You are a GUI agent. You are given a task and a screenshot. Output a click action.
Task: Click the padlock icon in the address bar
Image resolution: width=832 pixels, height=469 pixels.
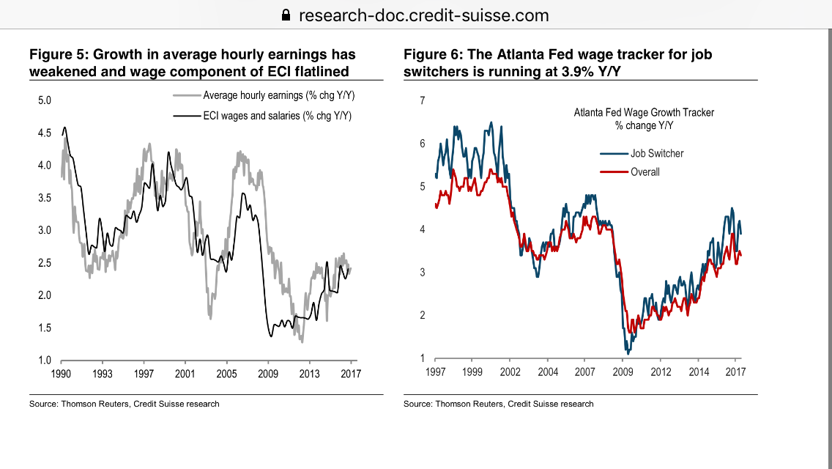[286, 15]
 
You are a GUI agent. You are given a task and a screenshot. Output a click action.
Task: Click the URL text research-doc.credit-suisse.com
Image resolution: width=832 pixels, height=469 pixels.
[424, 15]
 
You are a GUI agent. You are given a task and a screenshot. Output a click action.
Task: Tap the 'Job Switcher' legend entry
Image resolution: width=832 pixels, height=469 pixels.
[657, 153]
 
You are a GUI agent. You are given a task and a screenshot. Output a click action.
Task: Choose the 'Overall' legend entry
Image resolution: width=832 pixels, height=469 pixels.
[645, 172]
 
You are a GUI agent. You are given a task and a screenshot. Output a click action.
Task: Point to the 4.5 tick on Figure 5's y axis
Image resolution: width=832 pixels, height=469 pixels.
[44, 133]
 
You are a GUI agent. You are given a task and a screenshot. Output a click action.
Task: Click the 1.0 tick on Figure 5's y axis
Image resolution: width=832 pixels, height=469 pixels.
[44, 361]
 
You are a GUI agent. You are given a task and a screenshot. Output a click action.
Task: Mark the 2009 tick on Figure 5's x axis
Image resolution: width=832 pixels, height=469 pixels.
[268, 373]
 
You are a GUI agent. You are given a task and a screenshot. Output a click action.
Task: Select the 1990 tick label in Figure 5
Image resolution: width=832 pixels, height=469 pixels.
[61, 373]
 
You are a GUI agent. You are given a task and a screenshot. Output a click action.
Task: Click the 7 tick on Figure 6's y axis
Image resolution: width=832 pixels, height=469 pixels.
[421, 100]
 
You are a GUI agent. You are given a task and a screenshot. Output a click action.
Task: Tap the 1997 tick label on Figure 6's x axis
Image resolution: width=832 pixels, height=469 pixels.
[435, 372]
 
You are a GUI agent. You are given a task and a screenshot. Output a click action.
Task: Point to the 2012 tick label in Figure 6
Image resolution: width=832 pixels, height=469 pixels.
[660, 372]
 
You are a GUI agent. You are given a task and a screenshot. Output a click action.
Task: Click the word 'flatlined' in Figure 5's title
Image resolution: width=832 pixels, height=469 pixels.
[320, 71]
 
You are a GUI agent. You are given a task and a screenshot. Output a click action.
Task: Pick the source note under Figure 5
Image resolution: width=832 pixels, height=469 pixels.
[124, 404]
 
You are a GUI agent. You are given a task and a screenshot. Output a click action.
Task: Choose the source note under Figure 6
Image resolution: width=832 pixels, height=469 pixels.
[498, 404]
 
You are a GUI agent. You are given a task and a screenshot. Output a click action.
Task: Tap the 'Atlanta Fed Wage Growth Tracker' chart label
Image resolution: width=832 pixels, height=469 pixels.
[644, 113]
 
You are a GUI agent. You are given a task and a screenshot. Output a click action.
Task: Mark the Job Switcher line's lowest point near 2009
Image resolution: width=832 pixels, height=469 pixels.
[628, 354]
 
